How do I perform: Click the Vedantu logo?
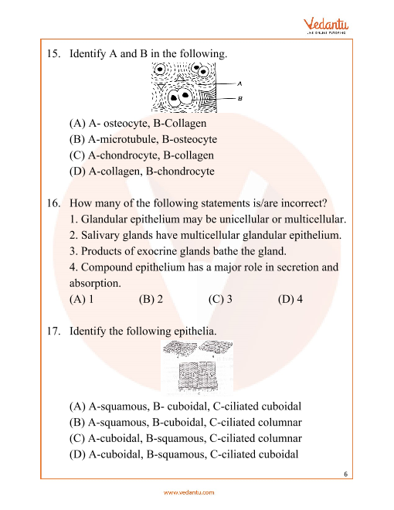click(326, 26)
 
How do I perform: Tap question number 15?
click(54, 53)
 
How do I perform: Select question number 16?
click(54, 203)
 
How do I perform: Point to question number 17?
click(54, 331)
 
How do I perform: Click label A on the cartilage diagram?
click(239, 84)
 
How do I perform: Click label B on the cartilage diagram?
click(239, 98)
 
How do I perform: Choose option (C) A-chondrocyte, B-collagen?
click(141, 155)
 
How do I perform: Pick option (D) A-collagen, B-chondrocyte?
click(141, 171)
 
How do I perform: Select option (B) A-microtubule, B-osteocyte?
click(143, 139)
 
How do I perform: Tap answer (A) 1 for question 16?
click(81, 299)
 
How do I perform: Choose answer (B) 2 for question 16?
click(151, 299)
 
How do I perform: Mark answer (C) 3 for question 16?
click(220, 299)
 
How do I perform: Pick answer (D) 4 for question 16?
click(290, 299)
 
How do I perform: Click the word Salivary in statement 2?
click(100, 235)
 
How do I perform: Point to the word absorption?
click(95, 284)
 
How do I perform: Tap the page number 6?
click(345, 474)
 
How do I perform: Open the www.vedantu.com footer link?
click(189, 492)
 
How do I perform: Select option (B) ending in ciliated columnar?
click(185, 423)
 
